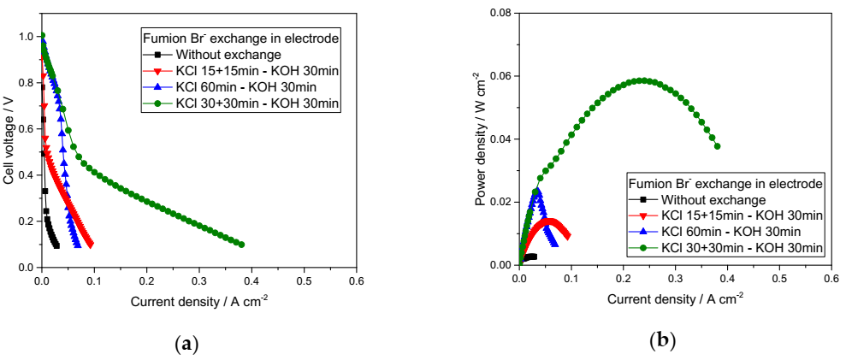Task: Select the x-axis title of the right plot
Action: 675,300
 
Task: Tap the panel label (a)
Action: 186,344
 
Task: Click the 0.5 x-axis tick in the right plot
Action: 779,279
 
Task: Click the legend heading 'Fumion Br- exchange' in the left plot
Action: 243,38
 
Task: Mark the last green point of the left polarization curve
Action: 242,245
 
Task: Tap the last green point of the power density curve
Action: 717,146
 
